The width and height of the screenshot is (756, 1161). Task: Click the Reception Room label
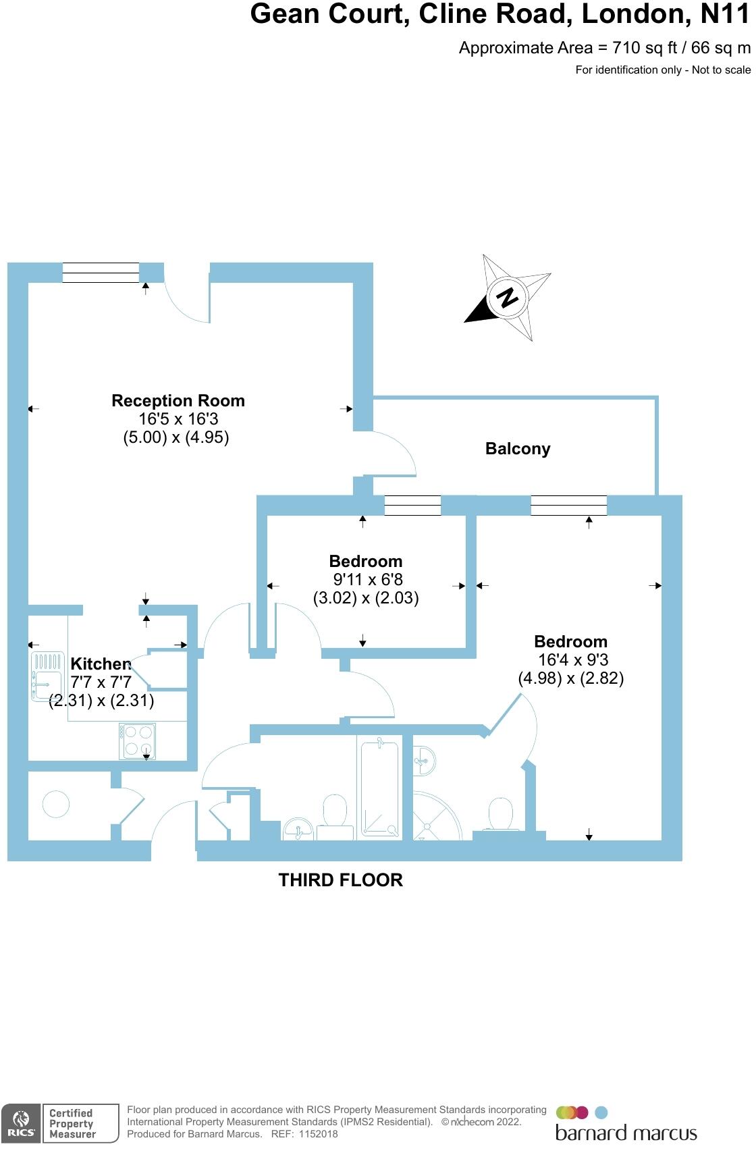click(x=178, y=401)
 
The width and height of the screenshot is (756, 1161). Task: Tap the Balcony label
click(x=518, y=449)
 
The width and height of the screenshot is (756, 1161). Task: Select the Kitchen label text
click(x=101, y=664)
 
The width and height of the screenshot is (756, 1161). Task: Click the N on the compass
click(x=507, y=297)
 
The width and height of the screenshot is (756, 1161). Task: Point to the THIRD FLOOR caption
click(x=341, y=880)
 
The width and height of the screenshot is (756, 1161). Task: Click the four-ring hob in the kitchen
click(x=138, y=740)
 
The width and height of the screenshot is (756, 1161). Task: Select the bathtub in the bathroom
click(x=380, y=789)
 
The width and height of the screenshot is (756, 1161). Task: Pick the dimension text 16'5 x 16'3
click(x=178, y=419)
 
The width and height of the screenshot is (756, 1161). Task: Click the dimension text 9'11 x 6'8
click(x=369, y=579)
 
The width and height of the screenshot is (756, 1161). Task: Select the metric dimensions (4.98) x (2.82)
click(x=570, y=678)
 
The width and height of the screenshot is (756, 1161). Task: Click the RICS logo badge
click(x=21, y=1123)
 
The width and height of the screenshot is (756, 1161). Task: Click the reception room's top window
click(x=101, y=272)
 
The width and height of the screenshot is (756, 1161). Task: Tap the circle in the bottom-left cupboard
click(x=56, y=804)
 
